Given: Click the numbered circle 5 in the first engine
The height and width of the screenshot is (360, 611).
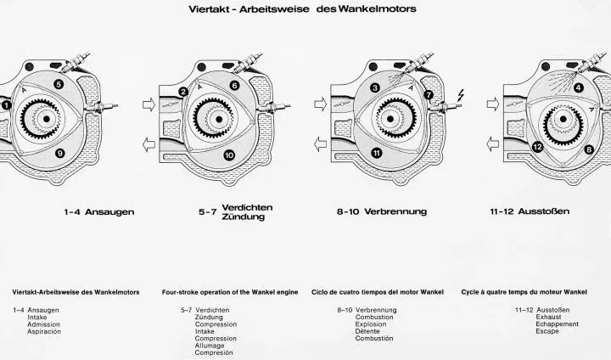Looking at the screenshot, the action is (x=59, y=84).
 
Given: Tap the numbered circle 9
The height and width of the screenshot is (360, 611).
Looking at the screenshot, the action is (x=59, y=154).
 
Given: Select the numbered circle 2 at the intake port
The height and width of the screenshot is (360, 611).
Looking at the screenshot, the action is (x=183, y=92).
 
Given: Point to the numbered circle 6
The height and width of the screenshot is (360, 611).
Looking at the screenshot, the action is (x=234, y=86).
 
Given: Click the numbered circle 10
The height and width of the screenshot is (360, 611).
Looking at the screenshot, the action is (x=229, y=155).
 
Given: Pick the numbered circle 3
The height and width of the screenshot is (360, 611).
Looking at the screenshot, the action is (x=375, y=87).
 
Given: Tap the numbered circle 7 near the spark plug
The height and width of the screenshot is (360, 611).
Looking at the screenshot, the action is (x=429, y=95).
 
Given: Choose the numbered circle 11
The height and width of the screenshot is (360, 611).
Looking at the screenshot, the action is (x=377, y=154).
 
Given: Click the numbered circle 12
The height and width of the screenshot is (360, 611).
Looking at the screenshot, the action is (x=537, y=147).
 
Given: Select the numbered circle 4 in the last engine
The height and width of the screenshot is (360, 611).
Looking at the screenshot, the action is (x=579, y=87).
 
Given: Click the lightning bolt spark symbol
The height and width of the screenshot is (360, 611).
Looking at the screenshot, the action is (x=461, y=95).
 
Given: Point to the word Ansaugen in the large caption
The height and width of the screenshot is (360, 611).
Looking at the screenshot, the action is (x=109, y=212).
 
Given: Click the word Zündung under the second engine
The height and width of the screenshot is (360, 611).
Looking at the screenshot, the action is (x=244, y=217).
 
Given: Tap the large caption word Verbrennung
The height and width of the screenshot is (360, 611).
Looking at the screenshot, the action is (x=395, y=211).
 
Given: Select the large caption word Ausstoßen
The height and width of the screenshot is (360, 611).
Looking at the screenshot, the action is (x=544, y=211).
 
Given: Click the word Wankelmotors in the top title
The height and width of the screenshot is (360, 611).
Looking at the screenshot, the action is (x=377, y=9).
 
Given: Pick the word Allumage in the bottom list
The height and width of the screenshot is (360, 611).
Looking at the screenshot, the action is (x=210, y=346).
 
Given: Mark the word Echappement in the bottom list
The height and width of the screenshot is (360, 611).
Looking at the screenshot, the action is (x=557, y=324).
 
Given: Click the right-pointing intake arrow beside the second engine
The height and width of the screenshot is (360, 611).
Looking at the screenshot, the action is (x=149, y=104).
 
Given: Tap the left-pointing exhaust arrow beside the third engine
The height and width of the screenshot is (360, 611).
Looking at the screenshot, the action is (x=320, y=144).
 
